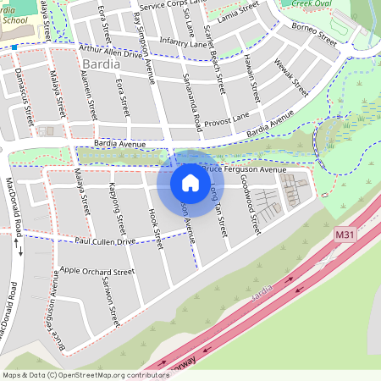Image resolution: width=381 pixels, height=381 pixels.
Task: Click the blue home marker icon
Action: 190,182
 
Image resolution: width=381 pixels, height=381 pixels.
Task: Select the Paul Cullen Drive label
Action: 105,242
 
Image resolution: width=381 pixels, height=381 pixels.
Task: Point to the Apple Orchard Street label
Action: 97,273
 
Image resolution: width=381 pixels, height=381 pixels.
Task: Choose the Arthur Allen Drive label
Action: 111,52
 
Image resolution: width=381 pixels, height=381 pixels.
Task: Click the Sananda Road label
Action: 192,107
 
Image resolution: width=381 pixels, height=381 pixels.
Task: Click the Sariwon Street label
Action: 110,304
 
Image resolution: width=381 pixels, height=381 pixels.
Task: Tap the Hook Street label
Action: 154,228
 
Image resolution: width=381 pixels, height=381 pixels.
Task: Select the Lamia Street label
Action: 261,10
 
